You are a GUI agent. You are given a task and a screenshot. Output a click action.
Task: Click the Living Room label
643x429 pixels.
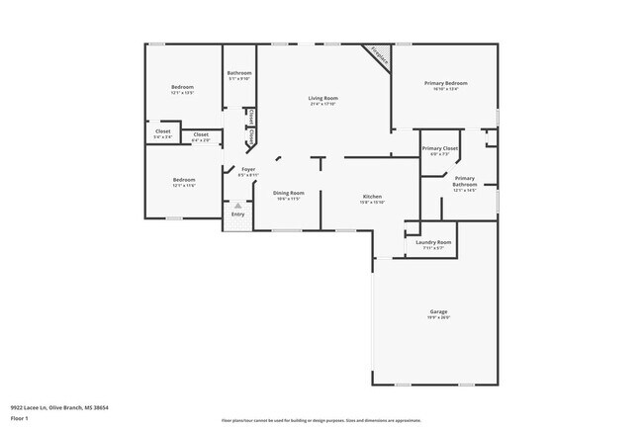click(x=322, y=98)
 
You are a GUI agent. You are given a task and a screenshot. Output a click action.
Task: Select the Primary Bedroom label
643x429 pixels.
click(x=445, y=83)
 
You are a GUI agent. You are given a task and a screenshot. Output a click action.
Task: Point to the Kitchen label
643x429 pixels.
click(x=372, y=197)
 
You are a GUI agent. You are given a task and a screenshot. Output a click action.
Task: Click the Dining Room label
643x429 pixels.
click(x=289, y=193)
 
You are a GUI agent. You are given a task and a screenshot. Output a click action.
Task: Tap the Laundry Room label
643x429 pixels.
click(x=433, y=242)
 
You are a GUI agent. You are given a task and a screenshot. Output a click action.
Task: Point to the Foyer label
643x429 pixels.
click(x=249, y=170)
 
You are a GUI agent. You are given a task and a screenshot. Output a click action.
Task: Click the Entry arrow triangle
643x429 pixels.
click(x=237, y=205)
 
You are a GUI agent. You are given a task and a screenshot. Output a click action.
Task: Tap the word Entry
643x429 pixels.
click(x=237, y=214)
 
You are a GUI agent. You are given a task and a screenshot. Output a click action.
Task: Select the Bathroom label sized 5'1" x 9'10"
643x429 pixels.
click(x=239, y=73)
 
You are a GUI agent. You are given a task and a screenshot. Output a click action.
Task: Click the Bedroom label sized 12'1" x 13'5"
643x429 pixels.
click(x=182, y=87)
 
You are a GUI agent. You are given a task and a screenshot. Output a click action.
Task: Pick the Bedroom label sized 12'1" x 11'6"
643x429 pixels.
click(x=182, y=180)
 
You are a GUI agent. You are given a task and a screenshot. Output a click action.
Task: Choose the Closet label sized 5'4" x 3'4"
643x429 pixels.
click(x=163, y=131)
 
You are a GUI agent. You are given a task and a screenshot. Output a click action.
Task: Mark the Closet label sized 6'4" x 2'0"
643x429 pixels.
click(x=200, y=134)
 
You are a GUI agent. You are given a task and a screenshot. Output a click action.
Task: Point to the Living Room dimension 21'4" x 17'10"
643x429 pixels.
click(x=322, y=103)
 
